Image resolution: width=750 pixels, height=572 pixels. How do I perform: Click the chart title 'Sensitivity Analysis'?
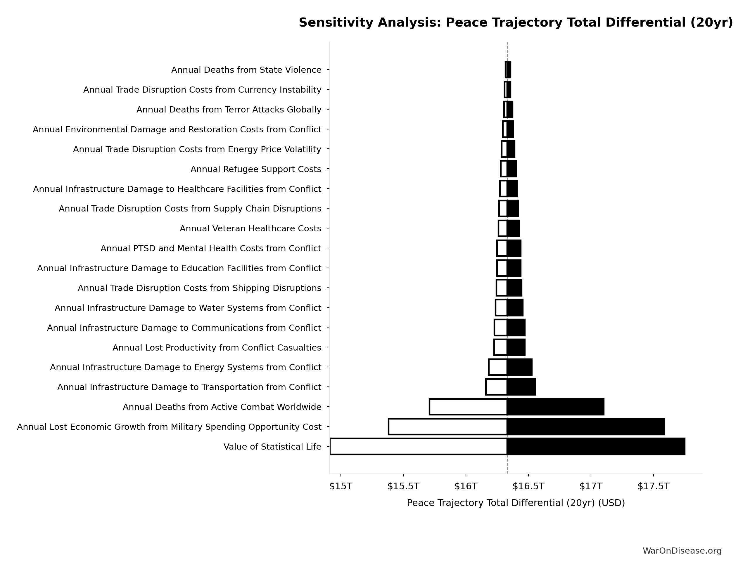click(516, 23)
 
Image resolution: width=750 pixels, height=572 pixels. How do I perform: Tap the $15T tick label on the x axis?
click(341, 486)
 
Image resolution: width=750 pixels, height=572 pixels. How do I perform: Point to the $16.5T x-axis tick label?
click(528, 486)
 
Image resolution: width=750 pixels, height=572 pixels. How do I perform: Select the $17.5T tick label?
click(653, 486)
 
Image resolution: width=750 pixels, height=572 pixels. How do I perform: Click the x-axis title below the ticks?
click(516, 503)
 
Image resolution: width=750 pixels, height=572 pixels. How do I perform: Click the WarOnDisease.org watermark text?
click(682, 551)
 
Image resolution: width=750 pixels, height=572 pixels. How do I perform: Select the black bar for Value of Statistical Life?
click(596, 446)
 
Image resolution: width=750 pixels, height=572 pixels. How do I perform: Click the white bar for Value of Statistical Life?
click(418, 446)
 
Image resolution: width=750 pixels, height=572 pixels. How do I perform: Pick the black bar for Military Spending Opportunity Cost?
click(585, 427)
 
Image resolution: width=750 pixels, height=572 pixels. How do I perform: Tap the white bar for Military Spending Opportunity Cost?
click(447, 427)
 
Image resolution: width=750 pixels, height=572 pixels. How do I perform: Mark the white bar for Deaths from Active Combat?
click(468, 407)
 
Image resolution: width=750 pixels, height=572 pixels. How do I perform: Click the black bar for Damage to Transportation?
click(521, 387)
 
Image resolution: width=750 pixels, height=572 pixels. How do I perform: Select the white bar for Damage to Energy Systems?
click(498, 367)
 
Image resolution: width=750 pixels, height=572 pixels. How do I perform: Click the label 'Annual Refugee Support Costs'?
click(256, 169)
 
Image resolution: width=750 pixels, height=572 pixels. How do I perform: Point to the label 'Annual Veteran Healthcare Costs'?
click(250, 228)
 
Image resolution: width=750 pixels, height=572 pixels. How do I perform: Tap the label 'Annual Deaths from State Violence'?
click(246, 70)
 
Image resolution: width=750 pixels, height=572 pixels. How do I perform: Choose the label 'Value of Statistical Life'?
click(272, 447)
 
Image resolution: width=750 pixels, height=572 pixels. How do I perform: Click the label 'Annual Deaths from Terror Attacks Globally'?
click(229, 110)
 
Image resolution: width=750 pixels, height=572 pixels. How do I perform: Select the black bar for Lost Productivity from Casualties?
click(516, 347)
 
